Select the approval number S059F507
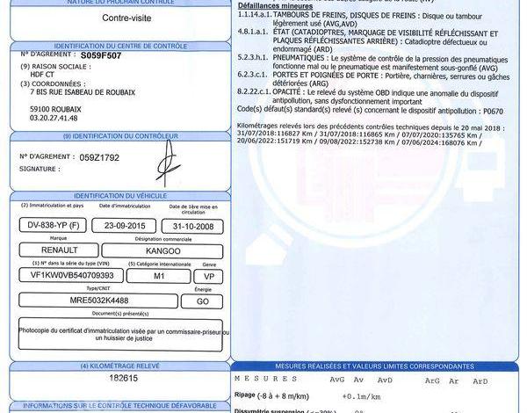[x=103, y=54]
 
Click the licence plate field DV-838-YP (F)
[x=53, y=225]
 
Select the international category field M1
[x=158, y=275]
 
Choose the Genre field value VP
[x=210, y=275]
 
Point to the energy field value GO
[x=202, y=301]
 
